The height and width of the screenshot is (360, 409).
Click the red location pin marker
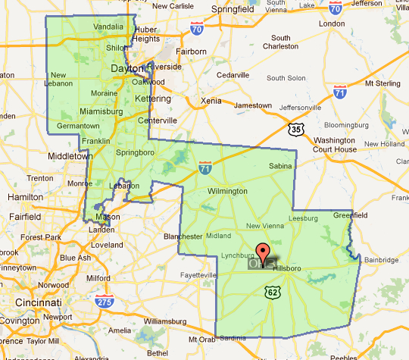click(264, 252)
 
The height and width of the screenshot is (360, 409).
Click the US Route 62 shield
click(273, 292)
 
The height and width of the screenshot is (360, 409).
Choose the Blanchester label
click(183, 236)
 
